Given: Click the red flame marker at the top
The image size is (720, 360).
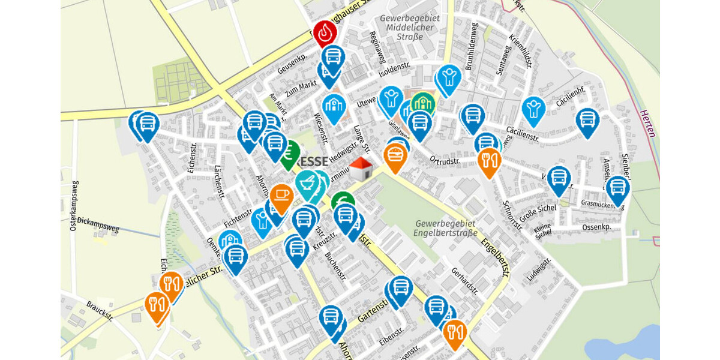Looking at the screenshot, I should tap(325, 34).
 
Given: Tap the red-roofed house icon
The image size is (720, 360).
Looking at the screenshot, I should tap(361, 169).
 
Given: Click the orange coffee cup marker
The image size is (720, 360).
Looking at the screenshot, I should tap(281, 194).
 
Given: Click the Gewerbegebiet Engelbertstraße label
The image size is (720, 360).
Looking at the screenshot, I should tap(446, 229).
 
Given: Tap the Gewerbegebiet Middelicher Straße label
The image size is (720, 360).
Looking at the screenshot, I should tap(414, 28).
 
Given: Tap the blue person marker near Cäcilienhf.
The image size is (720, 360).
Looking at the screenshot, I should tap(533, 109).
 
